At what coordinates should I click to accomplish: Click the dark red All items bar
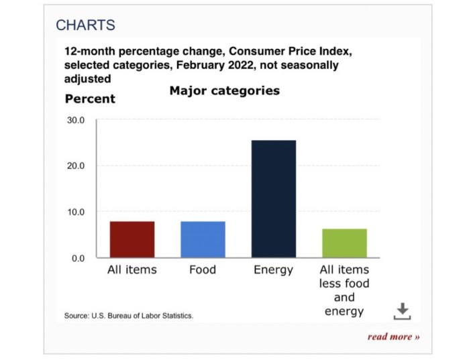pos(132,239)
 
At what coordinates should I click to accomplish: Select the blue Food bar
pos(203,239)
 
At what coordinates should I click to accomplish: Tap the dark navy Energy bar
pos(273,198)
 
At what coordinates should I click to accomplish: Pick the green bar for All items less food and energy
pos(344,243)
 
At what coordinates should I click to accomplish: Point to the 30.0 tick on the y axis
pos(74,121)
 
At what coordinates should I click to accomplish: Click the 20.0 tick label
pos(74,166)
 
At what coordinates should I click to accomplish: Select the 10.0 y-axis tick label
pos(74,212)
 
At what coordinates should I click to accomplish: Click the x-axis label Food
pos(203,269)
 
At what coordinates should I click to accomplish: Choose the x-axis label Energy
pos(273,269)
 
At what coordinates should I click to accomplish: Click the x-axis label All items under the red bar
pos(132,269)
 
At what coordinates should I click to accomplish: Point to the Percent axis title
pos(90,99)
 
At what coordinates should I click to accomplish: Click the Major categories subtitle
pos(224,91)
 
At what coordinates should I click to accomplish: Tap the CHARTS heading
pos(85,25)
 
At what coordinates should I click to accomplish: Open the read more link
pos(393,336)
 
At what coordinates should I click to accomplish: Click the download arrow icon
pos(401,310)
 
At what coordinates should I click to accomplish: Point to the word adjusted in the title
pos(87,78)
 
